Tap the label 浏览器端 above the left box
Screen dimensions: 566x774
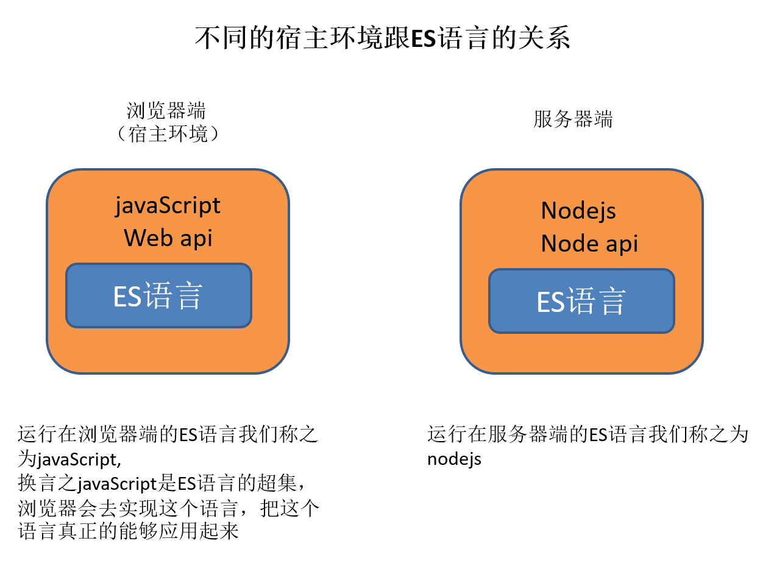click(166, 111)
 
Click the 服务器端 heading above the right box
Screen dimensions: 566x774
click(573, 119)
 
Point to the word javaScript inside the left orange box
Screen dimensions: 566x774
click(168, 206)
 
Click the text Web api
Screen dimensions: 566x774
click(168, 238)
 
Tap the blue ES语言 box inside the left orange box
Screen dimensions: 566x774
click(158, 296)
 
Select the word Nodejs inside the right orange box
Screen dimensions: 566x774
click(578, 211)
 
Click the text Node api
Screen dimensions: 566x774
click(589, 244)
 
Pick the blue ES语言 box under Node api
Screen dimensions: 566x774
click(581, 302)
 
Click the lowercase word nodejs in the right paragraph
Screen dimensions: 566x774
click(454, 458)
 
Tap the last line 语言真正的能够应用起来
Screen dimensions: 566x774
click(128, 531)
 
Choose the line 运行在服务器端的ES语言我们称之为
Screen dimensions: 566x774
click(588, 435)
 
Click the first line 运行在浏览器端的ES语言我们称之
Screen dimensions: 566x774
click(168, 435)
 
